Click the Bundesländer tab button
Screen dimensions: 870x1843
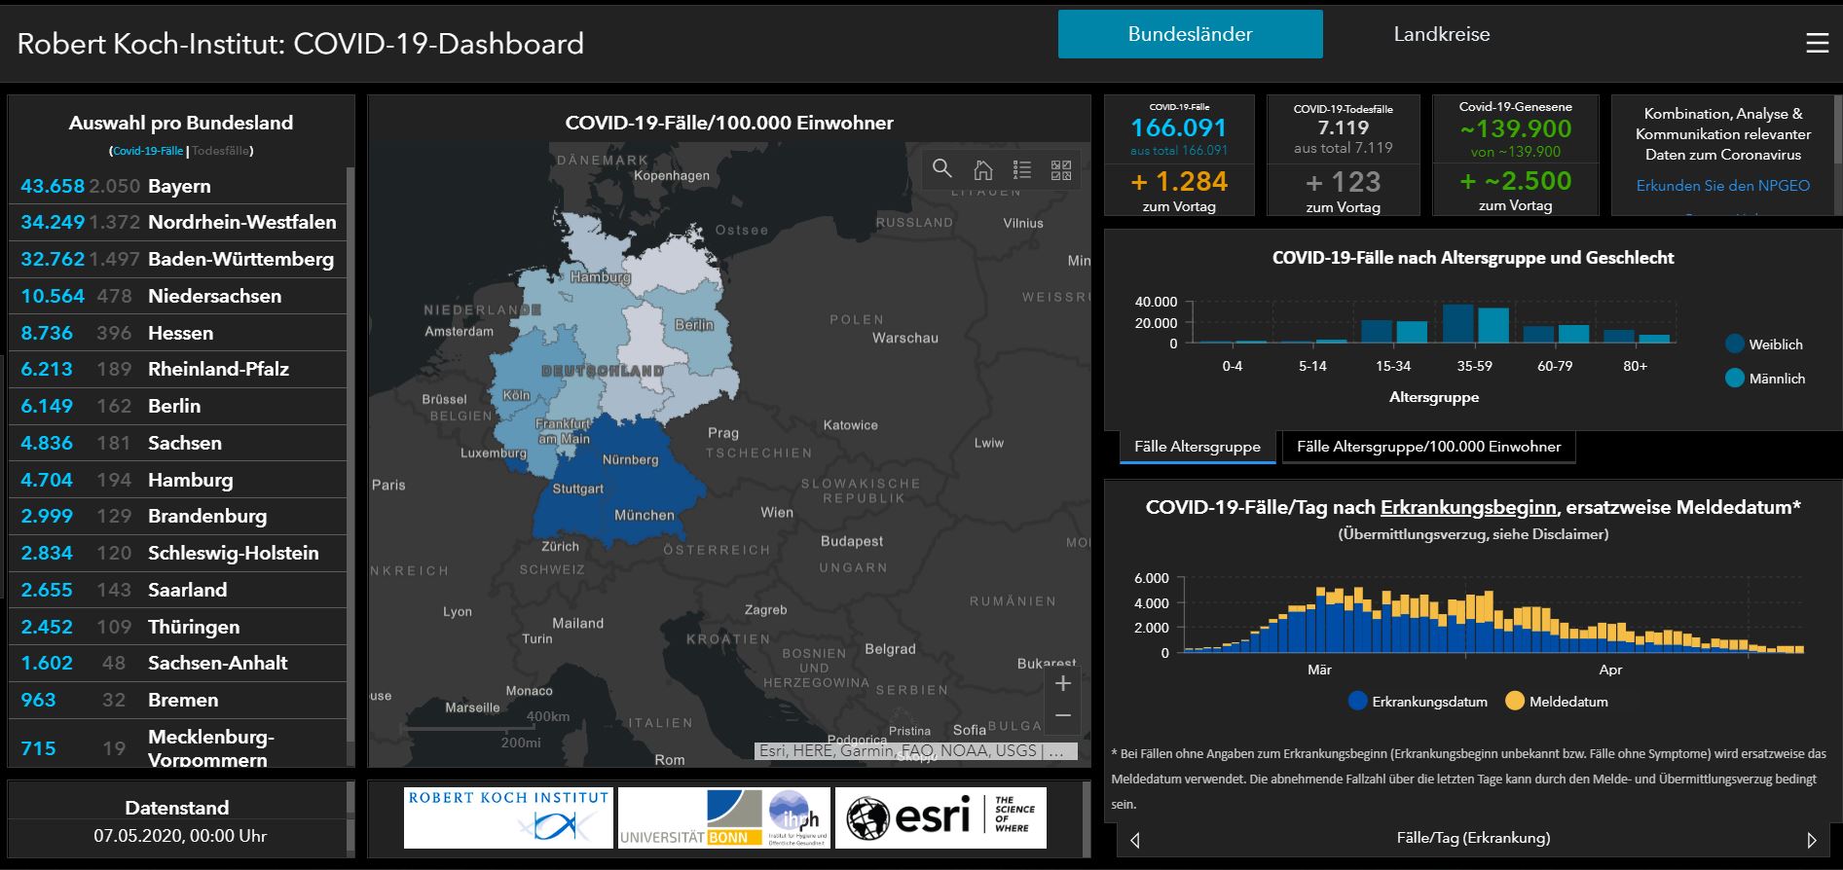point(1190,34)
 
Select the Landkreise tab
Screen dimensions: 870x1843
point(1441,34)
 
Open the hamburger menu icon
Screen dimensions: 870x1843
point(1817,44)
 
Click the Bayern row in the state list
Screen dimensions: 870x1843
point(179,186)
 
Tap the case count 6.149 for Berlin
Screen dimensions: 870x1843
point(47,406)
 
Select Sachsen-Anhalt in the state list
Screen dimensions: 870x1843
point(217,663)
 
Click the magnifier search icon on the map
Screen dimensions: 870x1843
point(941,169)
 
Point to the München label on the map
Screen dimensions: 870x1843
point(644,515)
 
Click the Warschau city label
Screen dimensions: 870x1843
point(904,338)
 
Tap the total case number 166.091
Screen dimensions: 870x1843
point(1178,127)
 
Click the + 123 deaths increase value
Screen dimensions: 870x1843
point(1343,182)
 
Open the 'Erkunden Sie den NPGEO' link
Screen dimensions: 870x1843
point(1722,185)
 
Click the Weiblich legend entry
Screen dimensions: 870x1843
point(1763,344)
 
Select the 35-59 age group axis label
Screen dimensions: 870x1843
point(1474,366)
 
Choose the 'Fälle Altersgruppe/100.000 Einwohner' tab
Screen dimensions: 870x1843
point(1428,447)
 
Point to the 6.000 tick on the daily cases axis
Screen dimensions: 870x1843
point(1151,578)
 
